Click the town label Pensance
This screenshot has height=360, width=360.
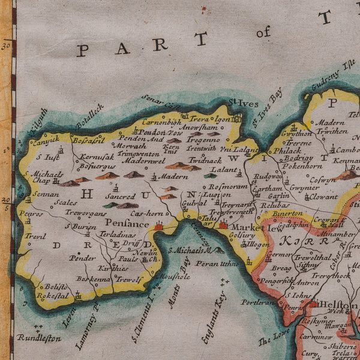[x=128, y=224]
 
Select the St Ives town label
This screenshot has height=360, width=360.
[x=241, y=103]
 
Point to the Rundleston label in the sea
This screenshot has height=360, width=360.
[x=39, y=338]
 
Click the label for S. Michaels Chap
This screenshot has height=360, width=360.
[x=49, y=177]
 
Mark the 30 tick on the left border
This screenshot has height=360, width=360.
[x=7, y=44]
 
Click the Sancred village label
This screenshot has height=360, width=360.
[x=121, y=196]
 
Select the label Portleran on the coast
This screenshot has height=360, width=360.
[x=257, y=302]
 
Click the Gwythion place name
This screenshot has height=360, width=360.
[x=296, y=134]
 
